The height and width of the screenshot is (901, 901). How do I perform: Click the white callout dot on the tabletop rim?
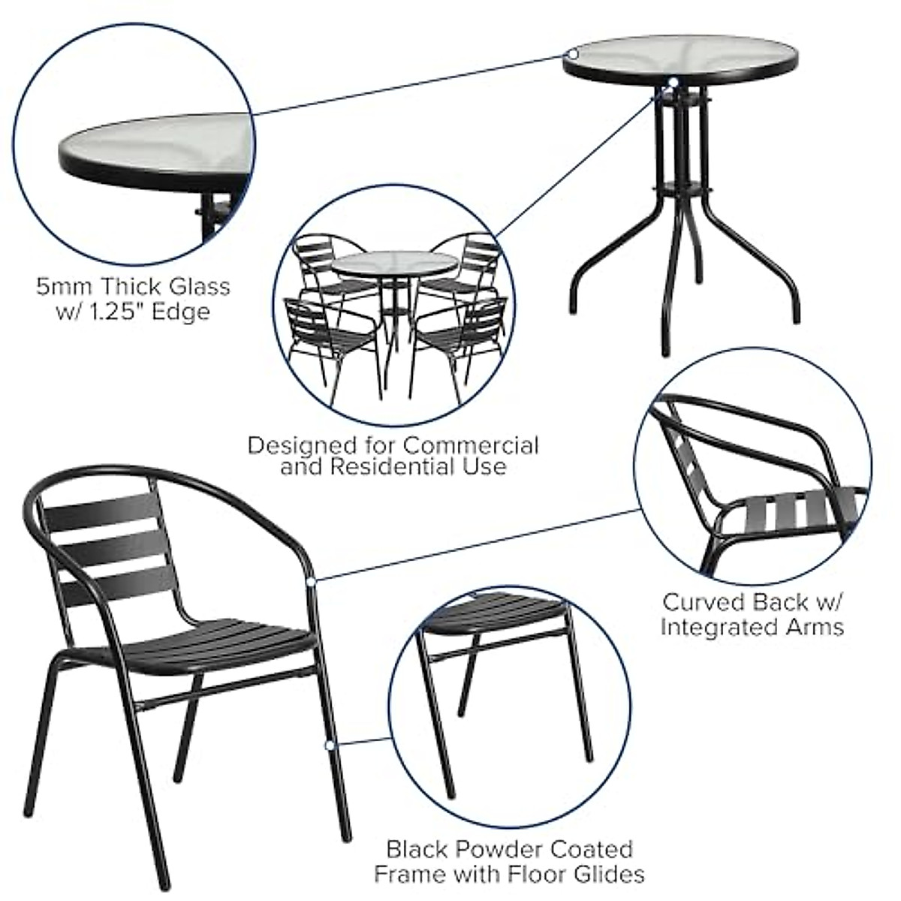point(572,54)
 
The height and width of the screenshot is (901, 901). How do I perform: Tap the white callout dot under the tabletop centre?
point(673,82)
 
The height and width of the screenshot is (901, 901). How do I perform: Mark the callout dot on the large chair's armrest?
point(312,581)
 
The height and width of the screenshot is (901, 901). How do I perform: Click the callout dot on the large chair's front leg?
point(328,745)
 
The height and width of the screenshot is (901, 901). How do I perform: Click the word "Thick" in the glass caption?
point(135,287)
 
